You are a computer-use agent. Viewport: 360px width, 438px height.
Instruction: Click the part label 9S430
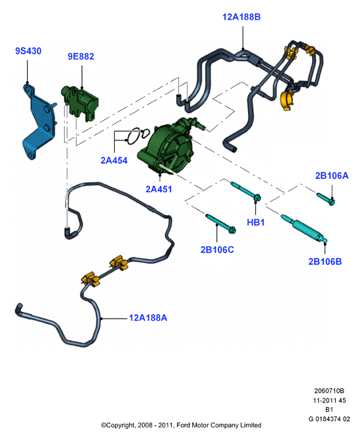pos(28,51)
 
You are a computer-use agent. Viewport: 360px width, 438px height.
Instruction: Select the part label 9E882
pos(81,56)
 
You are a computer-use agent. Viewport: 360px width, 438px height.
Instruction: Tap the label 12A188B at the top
pos(241,17)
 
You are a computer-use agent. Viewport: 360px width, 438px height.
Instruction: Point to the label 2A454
pos(114,161)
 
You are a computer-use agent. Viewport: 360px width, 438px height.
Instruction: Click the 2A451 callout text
pos(159,189)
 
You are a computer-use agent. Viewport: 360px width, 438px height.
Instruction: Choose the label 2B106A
pos(332,176)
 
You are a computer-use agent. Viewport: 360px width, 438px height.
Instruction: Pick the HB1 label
pos(256,222)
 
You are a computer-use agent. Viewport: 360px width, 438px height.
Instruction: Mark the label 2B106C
pos(217,249)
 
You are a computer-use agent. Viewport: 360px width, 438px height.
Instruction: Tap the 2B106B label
pos(325,262)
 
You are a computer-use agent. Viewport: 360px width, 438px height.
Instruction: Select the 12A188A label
pos(148,317)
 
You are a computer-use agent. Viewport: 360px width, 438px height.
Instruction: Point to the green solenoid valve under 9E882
pos(79,103)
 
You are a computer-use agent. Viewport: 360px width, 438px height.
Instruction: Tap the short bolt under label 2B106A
pos(326,198)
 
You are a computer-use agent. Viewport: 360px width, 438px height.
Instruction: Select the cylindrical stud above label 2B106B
pos(304,228)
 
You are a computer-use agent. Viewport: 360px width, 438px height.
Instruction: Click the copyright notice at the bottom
pos(181,425)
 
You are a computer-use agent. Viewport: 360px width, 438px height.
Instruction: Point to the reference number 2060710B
pos(329,391)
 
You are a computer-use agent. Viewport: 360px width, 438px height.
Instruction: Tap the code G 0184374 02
pos(329,419)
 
